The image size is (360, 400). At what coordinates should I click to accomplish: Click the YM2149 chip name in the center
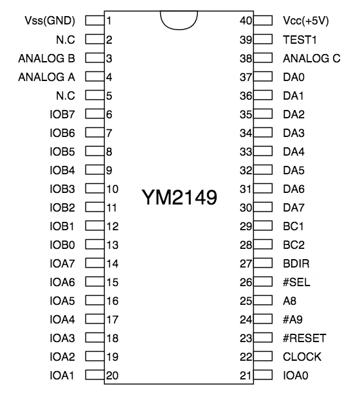(179, 197)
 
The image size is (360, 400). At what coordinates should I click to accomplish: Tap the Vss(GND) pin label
(50, 21)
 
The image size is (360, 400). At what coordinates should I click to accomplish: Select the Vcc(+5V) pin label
(306, 21)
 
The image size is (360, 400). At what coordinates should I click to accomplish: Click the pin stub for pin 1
(95, 21)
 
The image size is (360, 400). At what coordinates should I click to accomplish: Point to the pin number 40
(246, 21)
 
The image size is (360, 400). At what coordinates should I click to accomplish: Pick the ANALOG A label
(47, 77)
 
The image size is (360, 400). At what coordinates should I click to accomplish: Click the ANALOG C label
(312, 59)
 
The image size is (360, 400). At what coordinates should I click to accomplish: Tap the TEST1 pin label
(300, 40)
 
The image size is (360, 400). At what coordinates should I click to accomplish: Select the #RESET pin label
(305, 338)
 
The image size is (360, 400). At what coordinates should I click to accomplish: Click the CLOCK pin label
(302, 357)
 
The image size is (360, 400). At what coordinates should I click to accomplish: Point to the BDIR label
(296, 264)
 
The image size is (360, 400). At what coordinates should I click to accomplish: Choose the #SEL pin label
(296, 282)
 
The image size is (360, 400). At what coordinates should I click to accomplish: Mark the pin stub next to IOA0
(263, 375)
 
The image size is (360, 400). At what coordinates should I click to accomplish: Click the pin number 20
(113, 376)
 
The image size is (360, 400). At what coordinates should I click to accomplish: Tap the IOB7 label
(62, 114)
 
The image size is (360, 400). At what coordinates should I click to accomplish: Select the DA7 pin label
(294, 208)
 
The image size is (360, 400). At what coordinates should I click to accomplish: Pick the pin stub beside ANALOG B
(95, 58)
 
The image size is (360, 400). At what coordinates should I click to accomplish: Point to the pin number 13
(113, 245)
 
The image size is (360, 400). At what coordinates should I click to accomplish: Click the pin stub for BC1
(263, 226)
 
